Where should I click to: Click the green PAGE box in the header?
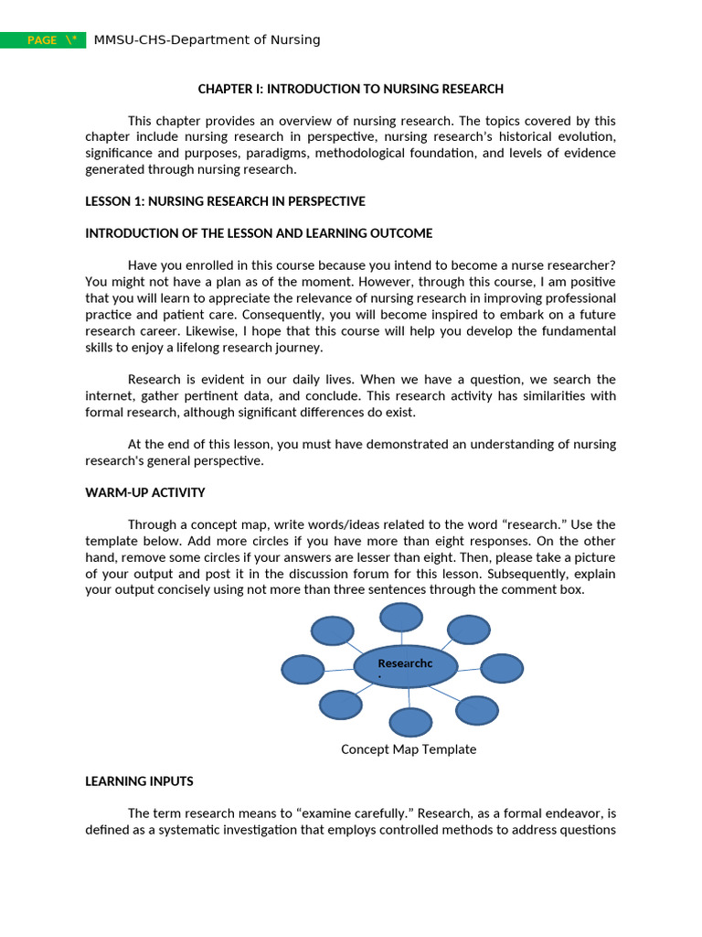43,40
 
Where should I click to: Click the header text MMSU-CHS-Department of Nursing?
207,39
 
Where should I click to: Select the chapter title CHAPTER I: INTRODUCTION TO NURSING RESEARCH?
351,89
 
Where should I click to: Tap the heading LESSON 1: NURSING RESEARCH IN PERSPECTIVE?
225,201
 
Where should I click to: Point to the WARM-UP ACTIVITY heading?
145,492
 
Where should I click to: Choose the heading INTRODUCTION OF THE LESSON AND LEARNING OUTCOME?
259,233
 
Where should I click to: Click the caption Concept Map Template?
409,749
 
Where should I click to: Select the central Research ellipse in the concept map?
405,666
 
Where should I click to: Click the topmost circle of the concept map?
401,617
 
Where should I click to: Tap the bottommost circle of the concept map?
410,722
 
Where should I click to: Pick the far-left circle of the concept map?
303,670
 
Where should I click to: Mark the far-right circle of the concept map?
502,668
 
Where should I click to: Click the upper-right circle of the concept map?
469,630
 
